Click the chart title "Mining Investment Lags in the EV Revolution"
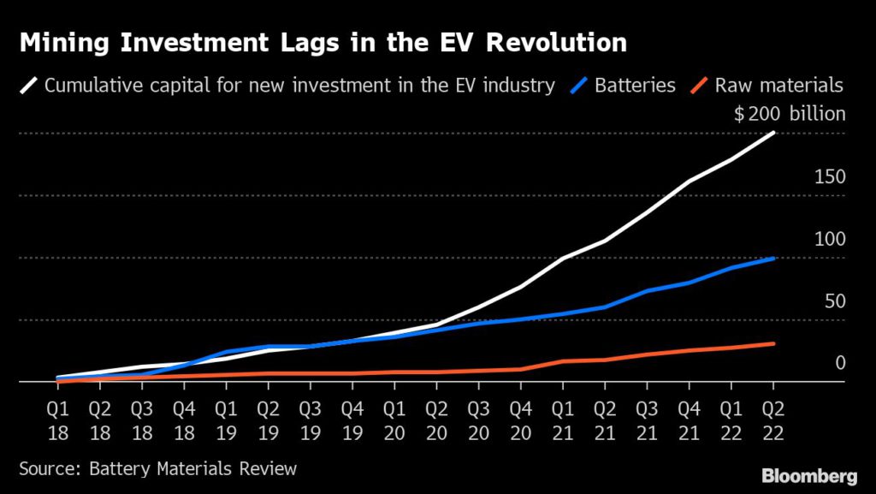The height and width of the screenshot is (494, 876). click(x=323, y=42)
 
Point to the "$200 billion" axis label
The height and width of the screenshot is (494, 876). click(x=790, y=114)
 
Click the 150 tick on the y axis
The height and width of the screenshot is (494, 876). click(x=831, y=177)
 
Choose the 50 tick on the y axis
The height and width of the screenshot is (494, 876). click(x=835, y=301)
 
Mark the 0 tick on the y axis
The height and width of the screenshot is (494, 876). click(x=840, y=363)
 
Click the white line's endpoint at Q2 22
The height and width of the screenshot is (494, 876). click(x=773, y=133)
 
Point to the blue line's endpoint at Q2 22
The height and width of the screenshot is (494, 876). click(x=773, y=258)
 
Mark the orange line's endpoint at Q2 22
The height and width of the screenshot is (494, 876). click(x=773, y=344)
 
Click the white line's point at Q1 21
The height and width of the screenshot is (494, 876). click(x=563, y=258)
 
